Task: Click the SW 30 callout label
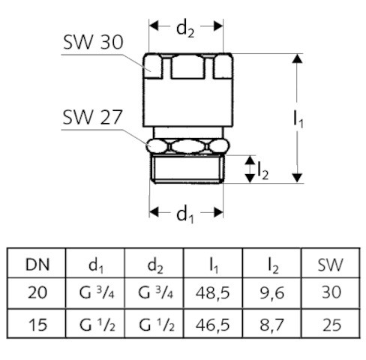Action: click(93, 42)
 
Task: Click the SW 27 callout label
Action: click(92, 117)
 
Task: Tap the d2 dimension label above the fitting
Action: click(185, 29)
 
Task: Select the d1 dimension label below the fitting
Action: click(185, 215)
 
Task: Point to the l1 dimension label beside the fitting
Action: click(298, 119)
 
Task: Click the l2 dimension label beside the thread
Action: click(263, 171)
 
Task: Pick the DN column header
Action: click(37, 265)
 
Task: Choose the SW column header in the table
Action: click(331, 265)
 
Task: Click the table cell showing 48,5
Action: click(213, 292)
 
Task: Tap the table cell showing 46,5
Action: click(213, 325)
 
